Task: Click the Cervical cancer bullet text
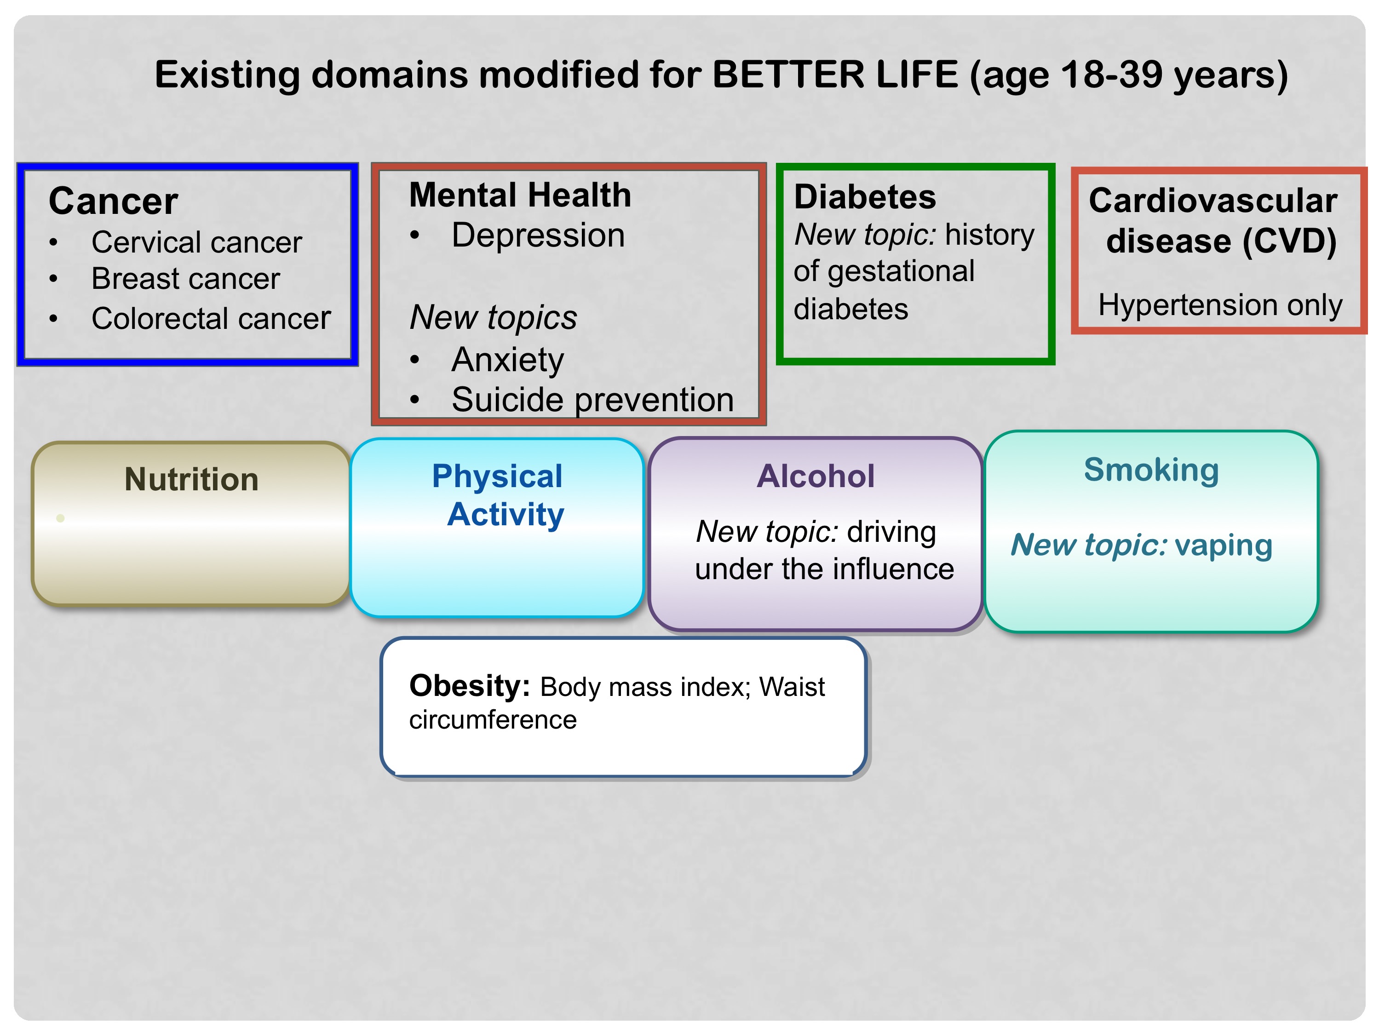click(x=196, y=242)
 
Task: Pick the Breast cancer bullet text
click(x=186, y=279)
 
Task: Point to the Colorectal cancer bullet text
click(x=211, y=318)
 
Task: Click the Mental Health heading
click(x=520, y=195)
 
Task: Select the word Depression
click(x=538, y=236)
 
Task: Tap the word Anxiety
click(x=507, y=360)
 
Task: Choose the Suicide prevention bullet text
click(x=593, y=400)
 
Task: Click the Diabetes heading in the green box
click(x=865, y=197)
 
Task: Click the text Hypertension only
click(x=1220, y=305)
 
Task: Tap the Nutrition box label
click(x=191, y=479)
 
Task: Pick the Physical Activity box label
click(x=498, y=495)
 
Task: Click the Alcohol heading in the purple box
click(x=816, y=476)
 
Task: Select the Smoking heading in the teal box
click(x=1151, y=470)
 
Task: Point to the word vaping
click(x=1223, y=546)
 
